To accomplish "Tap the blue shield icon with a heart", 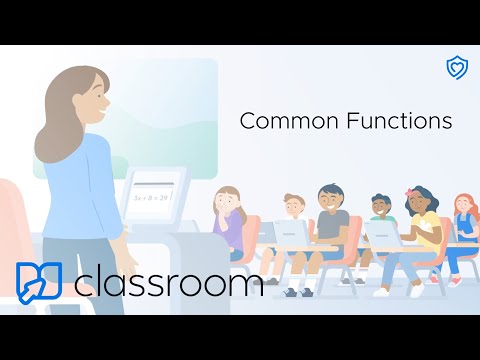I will point(456,67).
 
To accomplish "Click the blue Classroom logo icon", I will point(39,283).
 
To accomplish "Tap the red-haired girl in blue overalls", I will point(463,225).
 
